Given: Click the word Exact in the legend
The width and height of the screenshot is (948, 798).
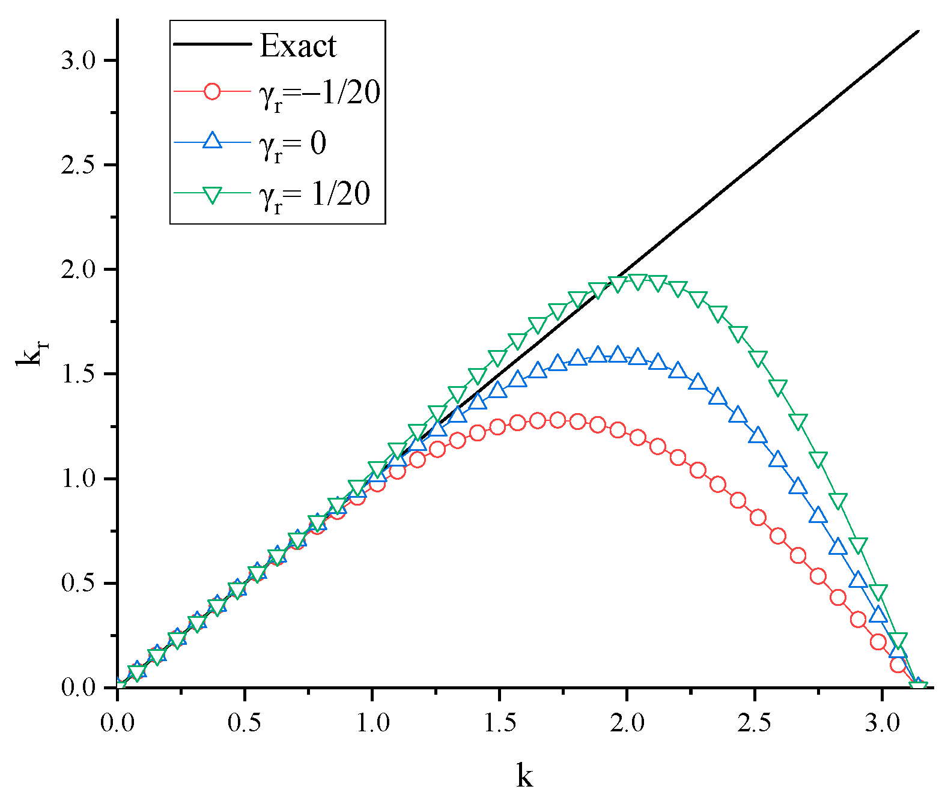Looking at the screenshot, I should pyautogui.click(x=298, y=46).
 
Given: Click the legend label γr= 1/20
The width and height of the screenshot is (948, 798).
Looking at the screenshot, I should pyautogui.click(x=315, y=195).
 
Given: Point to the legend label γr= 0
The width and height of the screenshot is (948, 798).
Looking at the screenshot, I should pyautogui.click(x=293, y=145).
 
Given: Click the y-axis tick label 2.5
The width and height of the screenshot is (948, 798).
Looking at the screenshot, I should pyautogui.click(x=79, y=166).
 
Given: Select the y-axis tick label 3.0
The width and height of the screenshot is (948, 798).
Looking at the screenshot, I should pyautogui.click(x=79, y=61).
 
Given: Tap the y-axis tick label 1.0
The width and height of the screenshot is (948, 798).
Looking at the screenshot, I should pyautogui.click(x=79, y=479).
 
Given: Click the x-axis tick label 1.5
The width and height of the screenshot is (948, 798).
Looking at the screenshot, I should pyautogui.click(x=500, y=723).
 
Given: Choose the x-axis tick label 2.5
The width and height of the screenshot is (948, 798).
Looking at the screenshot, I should pyautogui.click(x=755, y=723).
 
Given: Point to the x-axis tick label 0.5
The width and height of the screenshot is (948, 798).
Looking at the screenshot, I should pyautogui.click(x=245, y=723).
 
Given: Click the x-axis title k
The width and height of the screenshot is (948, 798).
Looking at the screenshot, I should pyautogui.click(x=524, y=775).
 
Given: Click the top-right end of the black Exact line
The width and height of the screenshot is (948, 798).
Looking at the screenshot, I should pyautogui.click(x=919, y=31).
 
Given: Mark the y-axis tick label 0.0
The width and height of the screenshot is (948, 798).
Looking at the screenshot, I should pyautogui.click(x=79, y=688).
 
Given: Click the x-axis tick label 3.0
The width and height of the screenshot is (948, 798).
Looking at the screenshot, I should pyautogui.click(x=882, y=723).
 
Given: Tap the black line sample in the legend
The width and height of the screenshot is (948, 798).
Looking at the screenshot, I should pyautogui.click(x=212, y=44).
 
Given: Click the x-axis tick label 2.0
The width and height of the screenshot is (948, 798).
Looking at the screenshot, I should pyautogui.click(x=627, y=723).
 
